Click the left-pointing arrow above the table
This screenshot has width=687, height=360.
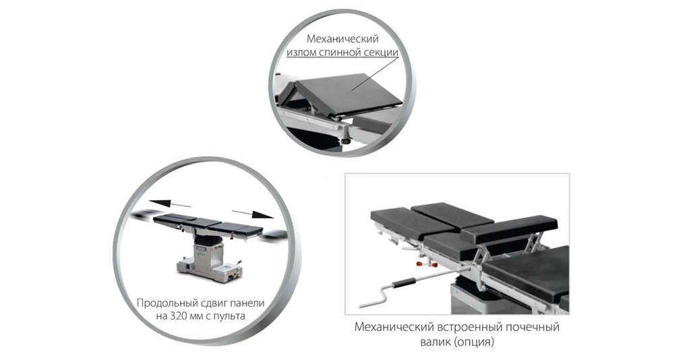pyautogui.click(x=170, y=204)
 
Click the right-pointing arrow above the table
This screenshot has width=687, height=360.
pyautogui.click(x=252, y=214)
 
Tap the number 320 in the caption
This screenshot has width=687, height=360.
pyautogui.click(x=178, y=316)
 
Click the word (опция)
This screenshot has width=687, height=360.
pyautogui.click(x=475, y=342)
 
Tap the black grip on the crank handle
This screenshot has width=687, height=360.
pyautogui.click(x=405, y=283)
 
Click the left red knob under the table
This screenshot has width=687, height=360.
pyautogui.click(x=421, y=264)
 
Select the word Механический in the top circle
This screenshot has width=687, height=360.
pyautogui.click(x=342, y=38)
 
